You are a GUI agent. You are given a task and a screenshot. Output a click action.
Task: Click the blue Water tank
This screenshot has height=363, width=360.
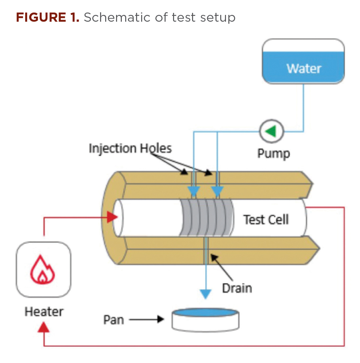tap(303, 61)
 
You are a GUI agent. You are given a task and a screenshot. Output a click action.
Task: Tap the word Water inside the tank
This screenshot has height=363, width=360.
tap(304, 68)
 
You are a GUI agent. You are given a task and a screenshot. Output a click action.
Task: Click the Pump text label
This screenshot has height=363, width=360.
tap(273, 154)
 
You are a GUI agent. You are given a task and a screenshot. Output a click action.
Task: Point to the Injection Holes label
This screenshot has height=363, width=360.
tap(130, 148)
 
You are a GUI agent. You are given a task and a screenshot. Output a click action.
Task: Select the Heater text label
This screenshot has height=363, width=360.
tap(44, 311)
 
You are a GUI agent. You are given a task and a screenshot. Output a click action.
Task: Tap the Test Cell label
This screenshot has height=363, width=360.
tap(266, 220)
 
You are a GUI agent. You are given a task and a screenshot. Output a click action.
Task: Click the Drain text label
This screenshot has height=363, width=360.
tap(237, 288)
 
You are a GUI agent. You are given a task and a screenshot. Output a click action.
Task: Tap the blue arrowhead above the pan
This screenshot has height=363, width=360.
tap(205, 294)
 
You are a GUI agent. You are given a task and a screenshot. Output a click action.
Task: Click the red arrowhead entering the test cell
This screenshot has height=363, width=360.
tap(112, 218)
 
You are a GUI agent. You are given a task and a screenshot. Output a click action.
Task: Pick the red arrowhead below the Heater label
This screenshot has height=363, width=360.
tap(44, 327)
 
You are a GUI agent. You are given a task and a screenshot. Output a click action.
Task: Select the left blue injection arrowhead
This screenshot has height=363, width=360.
tap(193, 193)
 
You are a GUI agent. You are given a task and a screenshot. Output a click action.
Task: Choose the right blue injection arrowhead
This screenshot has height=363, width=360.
tap(217, 193)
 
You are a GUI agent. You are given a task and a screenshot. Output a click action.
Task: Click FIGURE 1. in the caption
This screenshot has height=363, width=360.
tap(48, 17)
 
